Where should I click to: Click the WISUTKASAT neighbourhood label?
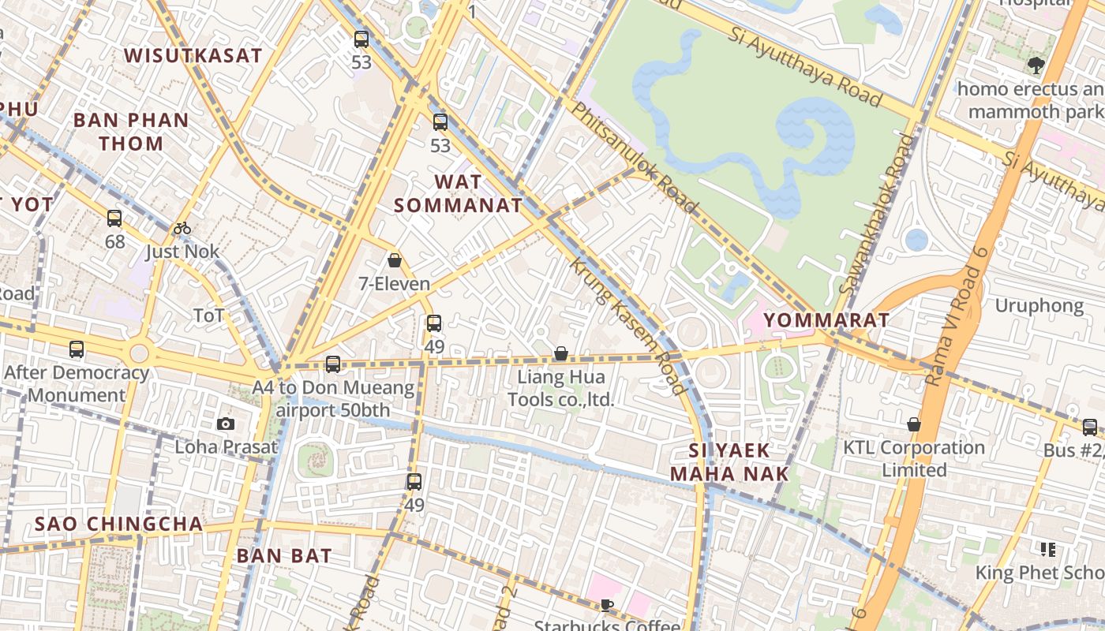pyautogui.click(x=193, y=55)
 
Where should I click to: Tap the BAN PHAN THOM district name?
pyautogui.click(x=131, y=132)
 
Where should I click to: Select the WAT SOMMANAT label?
pyautogui.click(x=458, y=193)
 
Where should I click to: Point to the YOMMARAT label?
pyautogui.click(x=826, y=320)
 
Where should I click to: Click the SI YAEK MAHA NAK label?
pyautogui.click(x=729, y=462)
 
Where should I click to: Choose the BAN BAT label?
pyautogui.click(x=284, y=555)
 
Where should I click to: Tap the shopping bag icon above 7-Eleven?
pyautogui.click(x=395, y=260)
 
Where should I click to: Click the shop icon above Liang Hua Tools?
pyautogui.click(x=560, y=353)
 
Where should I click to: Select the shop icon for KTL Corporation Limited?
pyautogui.click(x=913, y=424)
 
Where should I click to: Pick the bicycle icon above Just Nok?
pyautogui.click(x=182, y=229)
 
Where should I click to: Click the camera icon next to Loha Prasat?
pyautogui.click(x=226, y=424)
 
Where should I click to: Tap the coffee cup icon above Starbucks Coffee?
pyautogui.click(x=606, y=605)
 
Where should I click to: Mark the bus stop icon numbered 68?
pyautogui.click(x=114, y=218)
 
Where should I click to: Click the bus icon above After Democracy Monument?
pyautogui.click(x=77, y=349)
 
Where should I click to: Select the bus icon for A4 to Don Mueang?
pyautogui.click(x=333, y=364)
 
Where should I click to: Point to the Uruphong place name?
pyautogui.click(x=1039, y=305)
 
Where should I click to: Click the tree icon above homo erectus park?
pyautogui.click(x=1036, y=65)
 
